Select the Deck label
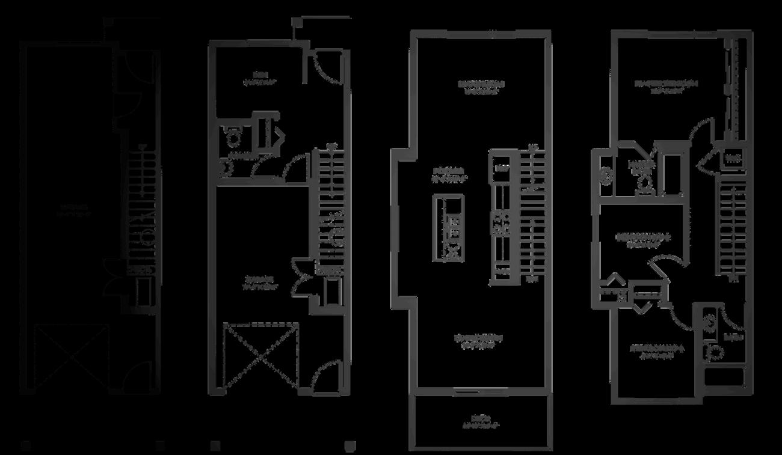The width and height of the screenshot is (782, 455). (x=479, y=421)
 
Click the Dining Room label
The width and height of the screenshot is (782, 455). (x=478, y=341)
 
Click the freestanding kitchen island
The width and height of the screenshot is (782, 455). (x=448, y=227)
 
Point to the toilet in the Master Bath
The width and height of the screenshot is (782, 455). (x=644, y=183)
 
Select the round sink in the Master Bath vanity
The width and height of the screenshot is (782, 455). (x=606, y=175)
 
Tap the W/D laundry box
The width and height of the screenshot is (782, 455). (x=731, y=159)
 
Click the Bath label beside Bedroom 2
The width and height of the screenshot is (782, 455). (x=732, y=338)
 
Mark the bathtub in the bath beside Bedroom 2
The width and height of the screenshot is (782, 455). (x=724, y=376)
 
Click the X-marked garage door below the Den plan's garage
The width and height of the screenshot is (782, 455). (x=260, y=357)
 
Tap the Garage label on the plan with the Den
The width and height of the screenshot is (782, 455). (x=259, y=283)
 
